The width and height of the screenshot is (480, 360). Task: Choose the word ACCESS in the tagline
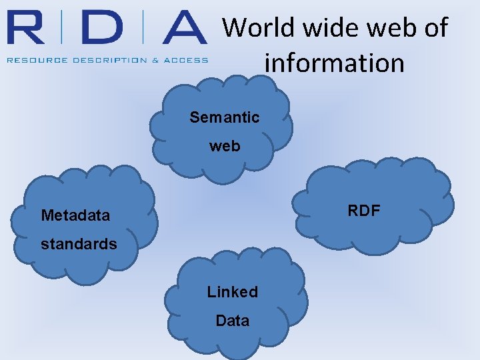click(185, 60)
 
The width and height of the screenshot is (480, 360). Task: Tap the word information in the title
click(335, 63)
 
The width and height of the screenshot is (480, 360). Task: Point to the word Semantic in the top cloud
click(224, 117)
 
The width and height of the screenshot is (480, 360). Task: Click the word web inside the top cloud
click(224, 146)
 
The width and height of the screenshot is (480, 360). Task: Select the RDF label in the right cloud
click(364, 211)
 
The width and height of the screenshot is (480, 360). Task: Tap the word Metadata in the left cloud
click(75, 215)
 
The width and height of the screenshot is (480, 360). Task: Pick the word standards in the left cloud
click(79, 244)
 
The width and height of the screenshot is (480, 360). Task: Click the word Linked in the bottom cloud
click(232, 291)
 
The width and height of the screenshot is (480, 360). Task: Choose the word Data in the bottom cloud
click(232, 320)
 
